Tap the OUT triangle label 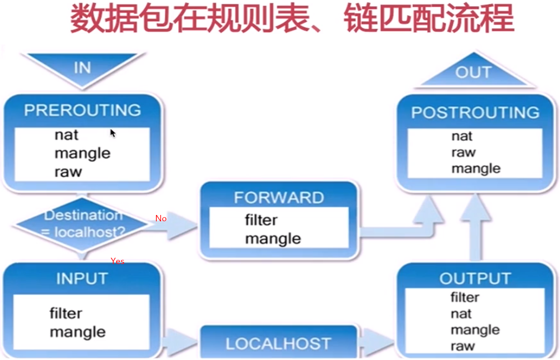click(x=473, y=72)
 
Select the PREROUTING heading click(x=82, y=110)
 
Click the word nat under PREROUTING click(x=66, y=135)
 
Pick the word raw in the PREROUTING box click(x=68, y=172)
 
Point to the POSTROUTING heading click(x=475, y=112)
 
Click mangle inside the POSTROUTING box click(x=476, y=168)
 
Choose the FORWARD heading click(x=279, y=197)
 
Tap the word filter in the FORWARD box click(x=261, y=220)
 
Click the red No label click(x=161, y=218)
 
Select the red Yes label click(x=117, y=261)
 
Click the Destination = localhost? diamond click(x=83, y=224)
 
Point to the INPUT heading click(x=82, y=279)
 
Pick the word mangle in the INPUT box click(x=78, y=332)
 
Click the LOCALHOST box click(x=278, y=344)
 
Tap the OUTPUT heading click(x=475, y=279)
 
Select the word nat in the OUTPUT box click(x=461, y=313)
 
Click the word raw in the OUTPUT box click(x=462, y=346)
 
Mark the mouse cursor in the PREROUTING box click(x=112, y=133)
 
